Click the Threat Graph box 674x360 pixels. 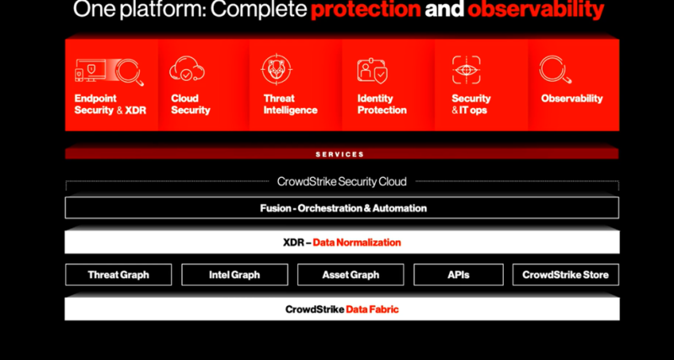(118, 274)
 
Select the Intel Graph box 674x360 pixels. (235, 274)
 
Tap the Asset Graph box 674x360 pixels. (350, 274)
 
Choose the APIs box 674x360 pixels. (458, 274)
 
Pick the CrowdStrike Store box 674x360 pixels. (565, 274)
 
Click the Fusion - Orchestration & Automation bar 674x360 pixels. (342, 207)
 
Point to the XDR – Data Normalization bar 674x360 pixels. (342, 242)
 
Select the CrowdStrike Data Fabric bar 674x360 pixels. (342, 309)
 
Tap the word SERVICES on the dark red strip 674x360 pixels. (340, 154)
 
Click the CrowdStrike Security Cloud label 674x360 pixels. (342, 181)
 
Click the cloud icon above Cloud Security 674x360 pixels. (187, 69)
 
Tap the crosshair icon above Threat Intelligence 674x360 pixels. (277, 69)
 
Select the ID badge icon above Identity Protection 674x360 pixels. (372, 71)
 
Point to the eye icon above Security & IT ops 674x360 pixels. (467, 70)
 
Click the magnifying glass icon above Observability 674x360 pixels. (555, 70)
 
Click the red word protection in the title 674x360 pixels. (366, 9)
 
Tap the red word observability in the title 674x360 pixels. (536, 9)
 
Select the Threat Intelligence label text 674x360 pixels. (290, 105)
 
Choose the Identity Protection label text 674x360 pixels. (382, 105)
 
